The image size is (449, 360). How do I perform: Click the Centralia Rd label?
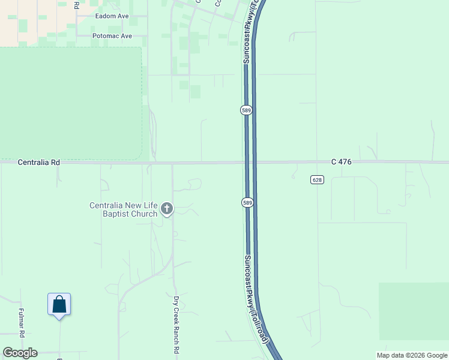point(39,162)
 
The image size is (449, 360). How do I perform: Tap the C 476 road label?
point(340,162)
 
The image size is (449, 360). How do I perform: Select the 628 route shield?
point(318,180)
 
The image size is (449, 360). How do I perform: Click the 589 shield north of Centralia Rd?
point(246,110)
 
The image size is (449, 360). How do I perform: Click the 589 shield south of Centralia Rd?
point(247,203)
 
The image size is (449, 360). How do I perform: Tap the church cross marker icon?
point(167,209)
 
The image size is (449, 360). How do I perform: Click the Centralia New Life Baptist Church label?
point(123,209)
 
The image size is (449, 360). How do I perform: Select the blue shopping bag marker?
point(59,304)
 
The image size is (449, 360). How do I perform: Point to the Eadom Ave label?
point(113,16)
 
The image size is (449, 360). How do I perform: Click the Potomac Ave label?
point(112,36)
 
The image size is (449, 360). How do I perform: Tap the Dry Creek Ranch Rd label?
point(176,325)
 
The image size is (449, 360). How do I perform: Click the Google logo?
point(20,353)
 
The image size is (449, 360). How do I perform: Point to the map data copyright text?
point(411,355)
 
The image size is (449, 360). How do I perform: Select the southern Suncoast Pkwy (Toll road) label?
point(255,300)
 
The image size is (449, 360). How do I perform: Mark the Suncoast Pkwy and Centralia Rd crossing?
point(251,162)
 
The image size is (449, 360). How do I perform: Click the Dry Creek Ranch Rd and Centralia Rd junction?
point(173,162)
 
